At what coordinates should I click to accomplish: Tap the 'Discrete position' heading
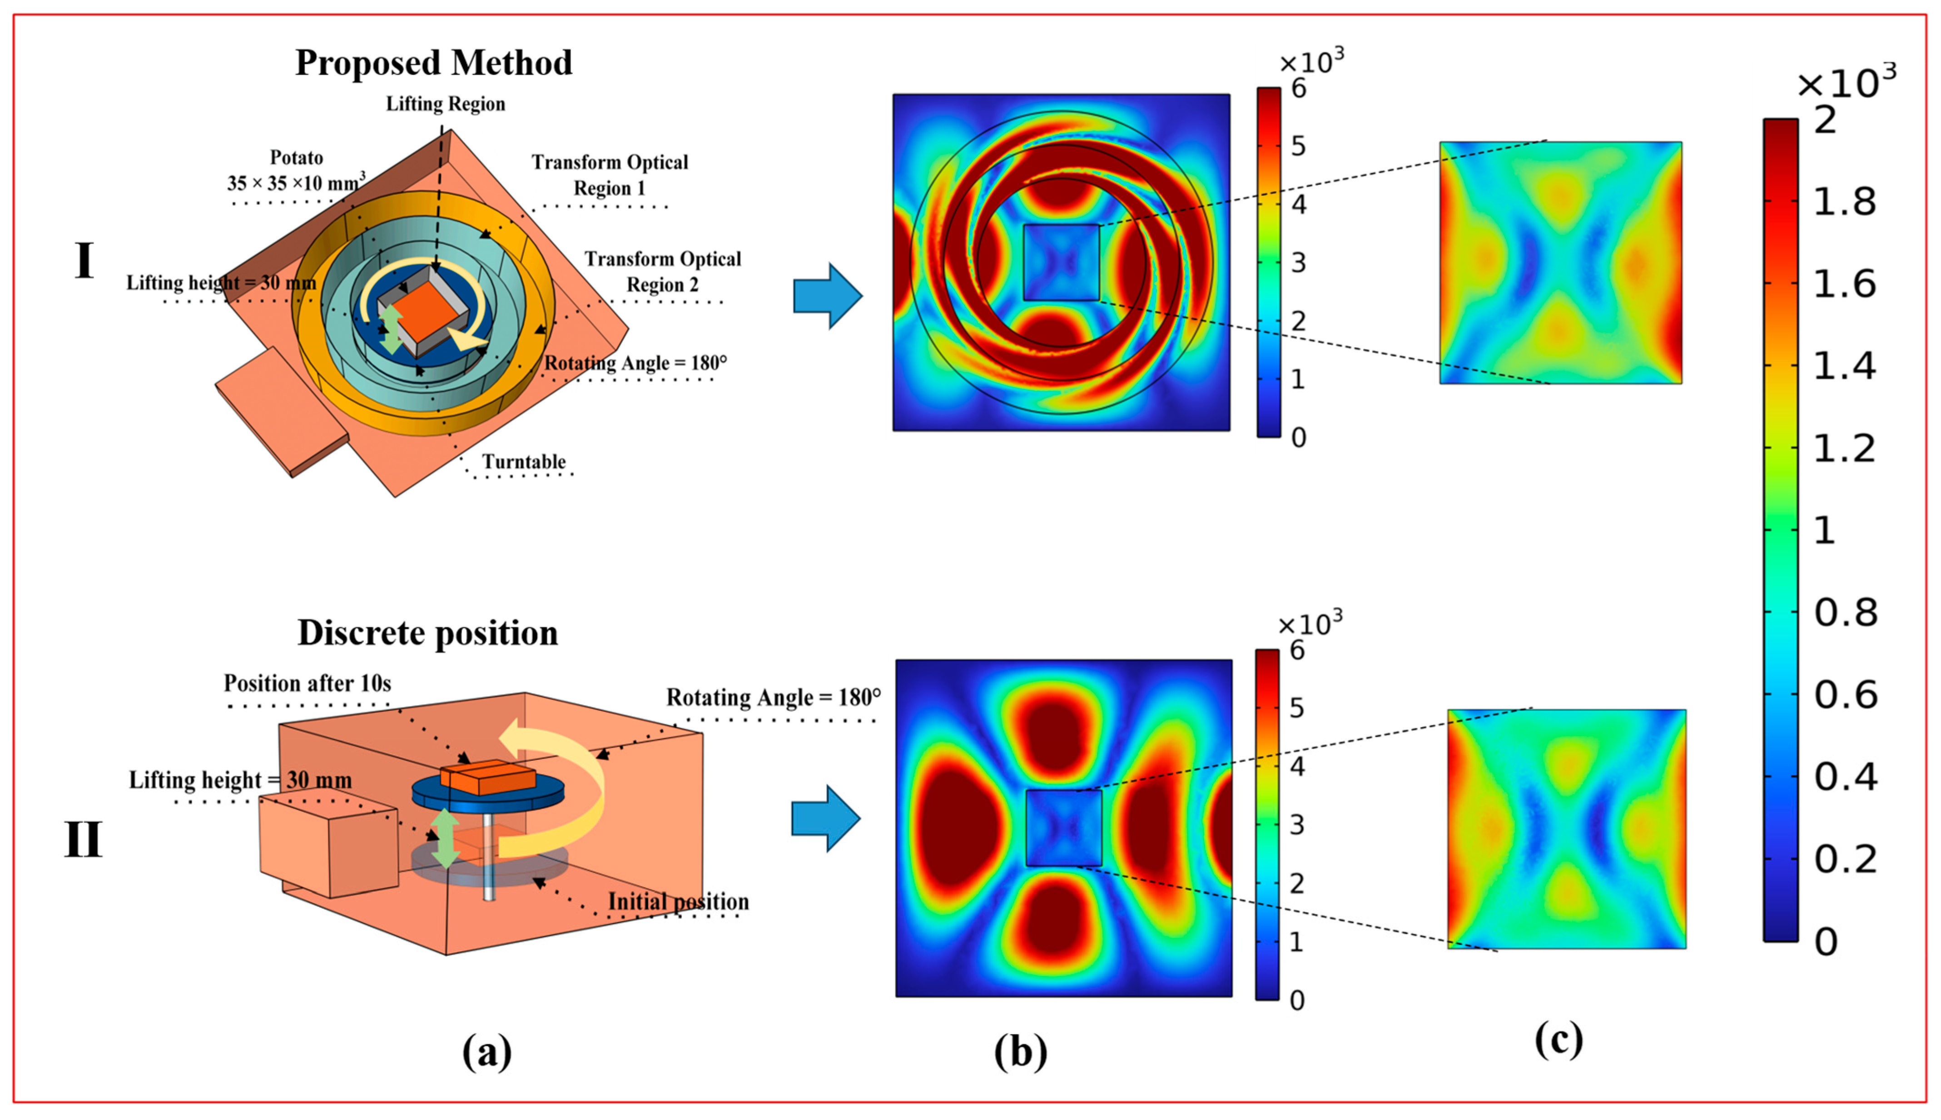[x=427, y=633]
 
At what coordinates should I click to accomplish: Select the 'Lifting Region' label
[x=445, y=104]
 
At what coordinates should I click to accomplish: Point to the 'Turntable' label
[x=524, y=462]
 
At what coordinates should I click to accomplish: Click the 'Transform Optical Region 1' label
[x=609, y=174]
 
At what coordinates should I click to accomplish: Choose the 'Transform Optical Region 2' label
[x=662, y=272]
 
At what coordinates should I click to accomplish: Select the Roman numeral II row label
[x=83, y=840]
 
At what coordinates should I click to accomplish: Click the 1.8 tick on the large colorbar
[x=1844, y=202]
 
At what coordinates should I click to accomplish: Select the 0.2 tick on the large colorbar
[x=1845, y=859]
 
